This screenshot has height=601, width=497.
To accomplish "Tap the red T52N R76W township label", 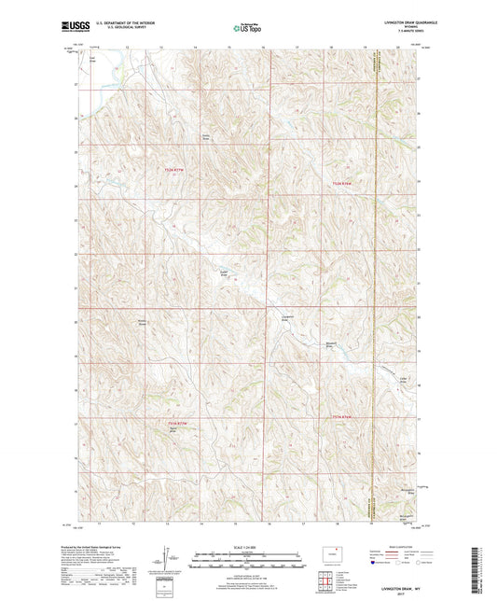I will pos(347,184).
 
